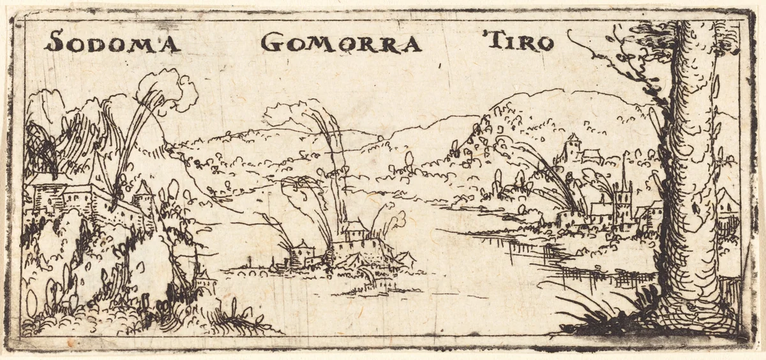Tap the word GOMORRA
click(342, 43)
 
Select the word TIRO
click(519, 42)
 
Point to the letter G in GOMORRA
click(271, 43)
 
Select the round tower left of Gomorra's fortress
click(298, 252)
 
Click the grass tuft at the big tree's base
click(594, 313)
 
